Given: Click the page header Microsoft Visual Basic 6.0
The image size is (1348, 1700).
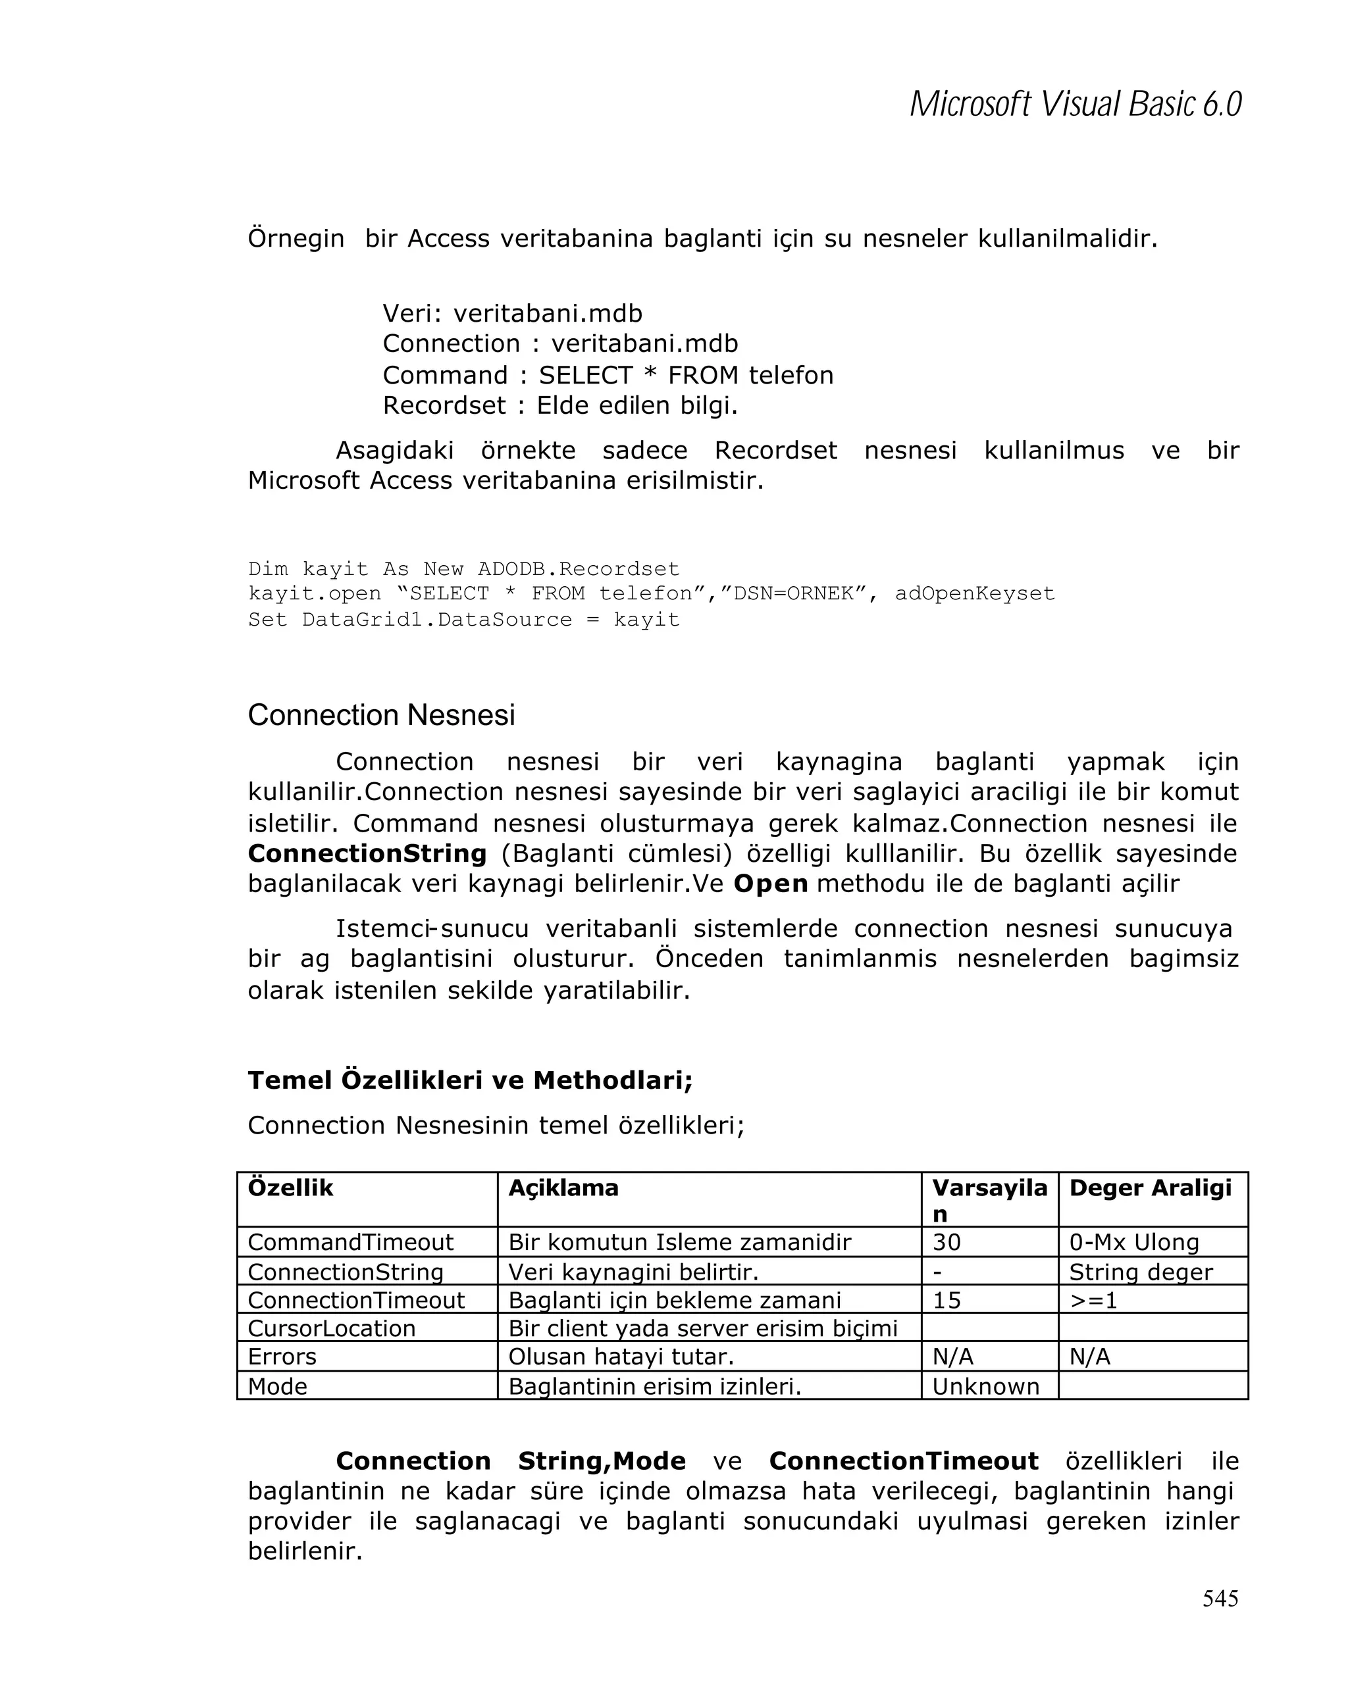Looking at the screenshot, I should (1075, 104).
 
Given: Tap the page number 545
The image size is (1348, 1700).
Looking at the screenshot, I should (1220, 1597).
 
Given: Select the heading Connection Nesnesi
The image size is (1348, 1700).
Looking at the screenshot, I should (381, 715).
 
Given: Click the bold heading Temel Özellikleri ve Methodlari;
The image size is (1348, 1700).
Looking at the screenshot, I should (470, 1080).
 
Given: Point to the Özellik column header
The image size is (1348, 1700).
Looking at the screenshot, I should (290, 1187).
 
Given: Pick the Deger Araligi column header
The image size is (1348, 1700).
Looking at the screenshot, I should (1149, 1187).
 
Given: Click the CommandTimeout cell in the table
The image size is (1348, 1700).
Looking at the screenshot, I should (350, 1242).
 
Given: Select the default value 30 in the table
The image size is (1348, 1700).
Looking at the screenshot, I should (946, 1242).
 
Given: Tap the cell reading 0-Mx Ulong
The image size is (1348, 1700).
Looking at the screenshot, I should (1133, 1242).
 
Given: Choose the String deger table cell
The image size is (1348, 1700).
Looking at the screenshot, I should (1140, 1272).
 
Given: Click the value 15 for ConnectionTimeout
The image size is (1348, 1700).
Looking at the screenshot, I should (946, 1300).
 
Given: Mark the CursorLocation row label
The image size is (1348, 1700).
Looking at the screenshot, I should (331, 1328).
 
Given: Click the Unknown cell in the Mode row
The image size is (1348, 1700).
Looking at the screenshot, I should (985, 1386).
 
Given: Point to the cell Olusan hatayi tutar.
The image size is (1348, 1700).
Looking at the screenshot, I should (621, 1357).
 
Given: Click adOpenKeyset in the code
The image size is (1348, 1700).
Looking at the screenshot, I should (974, 593).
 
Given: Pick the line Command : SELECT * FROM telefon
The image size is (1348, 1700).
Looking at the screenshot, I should (608, 374).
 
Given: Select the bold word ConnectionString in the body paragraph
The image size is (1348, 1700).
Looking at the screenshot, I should (367, 853).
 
